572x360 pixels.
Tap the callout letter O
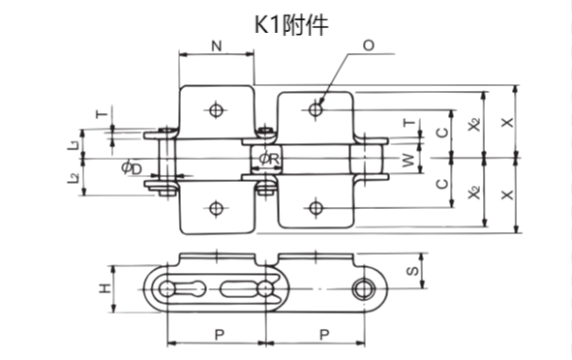[x=369, y=45]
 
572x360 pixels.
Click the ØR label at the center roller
[x=270, y=159]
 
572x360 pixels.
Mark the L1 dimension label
[x=74, y=144]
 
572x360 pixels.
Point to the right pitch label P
[x=321, y=333]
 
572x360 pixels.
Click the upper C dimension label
[x=441, y=132]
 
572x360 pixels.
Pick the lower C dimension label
[x=441, y=184]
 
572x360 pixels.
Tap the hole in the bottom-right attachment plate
[x=316, y=205]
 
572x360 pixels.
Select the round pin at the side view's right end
[x=364, y=289]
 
